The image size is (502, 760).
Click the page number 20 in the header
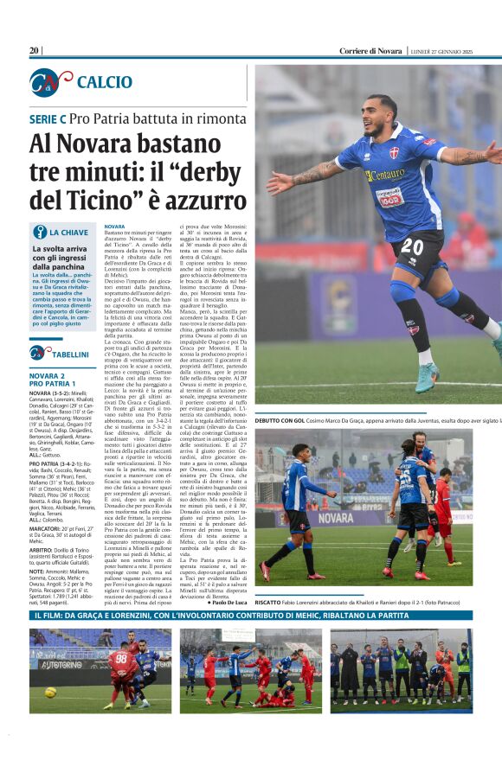[34, 51]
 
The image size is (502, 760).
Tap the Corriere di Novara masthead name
[371, 51]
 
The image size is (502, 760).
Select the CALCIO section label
[104, 82]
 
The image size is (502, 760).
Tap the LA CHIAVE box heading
[68, 233]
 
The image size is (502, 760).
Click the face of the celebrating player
[381, 114]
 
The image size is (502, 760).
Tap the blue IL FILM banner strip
[251, 616]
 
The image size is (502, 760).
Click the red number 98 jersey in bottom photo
[120, 664]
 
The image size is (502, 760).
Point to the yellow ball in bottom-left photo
[51, 692]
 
